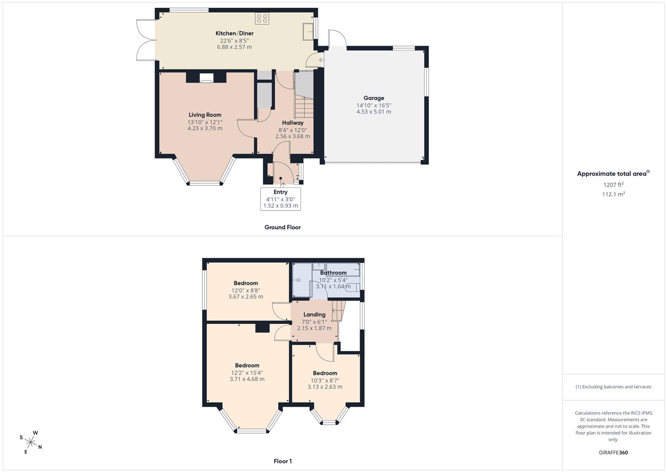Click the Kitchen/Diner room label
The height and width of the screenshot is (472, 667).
click(235, 33)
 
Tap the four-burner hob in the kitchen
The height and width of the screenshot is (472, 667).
click(262, 18)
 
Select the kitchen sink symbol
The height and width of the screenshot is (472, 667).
click(308, 31)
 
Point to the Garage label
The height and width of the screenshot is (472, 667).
click(374, 98)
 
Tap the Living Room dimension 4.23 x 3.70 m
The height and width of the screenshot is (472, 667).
click(205, 128)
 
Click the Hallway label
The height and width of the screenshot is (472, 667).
click(293, 122)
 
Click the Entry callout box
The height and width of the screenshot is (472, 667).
click(280, 199)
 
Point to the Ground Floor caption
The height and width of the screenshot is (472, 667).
click(283, 227)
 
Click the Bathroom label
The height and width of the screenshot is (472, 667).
click(333, 272)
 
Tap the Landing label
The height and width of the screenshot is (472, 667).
click(314, 314)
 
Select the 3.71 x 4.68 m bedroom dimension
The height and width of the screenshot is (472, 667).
click(247, 379)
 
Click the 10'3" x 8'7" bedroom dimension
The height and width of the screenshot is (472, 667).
click(325, 381)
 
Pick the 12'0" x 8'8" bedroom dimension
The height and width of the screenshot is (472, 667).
click(245, 290)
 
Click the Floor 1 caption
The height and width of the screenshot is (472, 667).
click(283, 461)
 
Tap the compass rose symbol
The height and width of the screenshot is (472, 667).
click(31, 442)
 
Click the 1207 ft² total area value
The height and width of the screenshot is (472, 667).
click(613, 184)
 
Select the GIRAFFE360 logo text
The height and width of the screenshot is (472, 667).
click(613, 452)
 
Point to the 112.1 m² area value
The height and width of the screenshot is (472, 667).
click(613, 194)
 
